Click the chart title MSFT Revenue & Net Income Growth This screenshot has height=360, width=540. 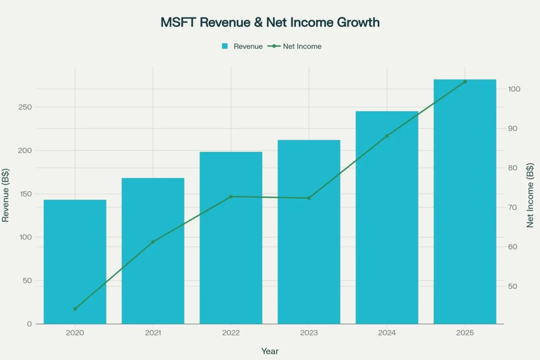pyautogui.click(x=270, y=23)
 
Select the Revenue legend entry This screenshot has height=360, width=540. pyautogui.click(x=242, y=46)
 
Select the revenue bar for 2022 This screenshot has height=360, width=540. pyautogui.click(x=231, y=237)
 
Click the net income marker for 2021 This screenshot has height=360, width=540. pyautogui.click(x=153, y=242)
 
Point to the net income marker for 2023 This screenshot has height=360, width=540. pyautogui.click(x=309, y=198)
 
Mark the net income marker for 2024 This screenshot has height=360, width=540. pyautogui.click(x=387, y=136)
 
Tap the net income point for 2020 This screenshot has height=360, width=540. pyautogui.click(x=75, y=309)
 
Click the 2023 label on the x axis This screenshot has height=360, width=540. pyautogui.click(x=309, y=333)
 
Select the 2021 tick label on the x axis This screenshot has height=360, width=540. pyautogui.click(x=153, y=333)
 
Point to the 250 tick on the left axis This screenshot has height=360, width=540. pyautogui.click(x=26, y=107)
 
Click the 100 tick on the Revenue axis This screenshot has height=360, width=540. pyautogui.click(x=26, y=237)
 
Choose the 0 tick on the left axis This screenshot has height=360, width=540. pyautogui.click(x=30, y=324)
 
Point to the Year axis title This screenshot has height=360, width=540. pyautogui.click(x=270, y=351)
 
